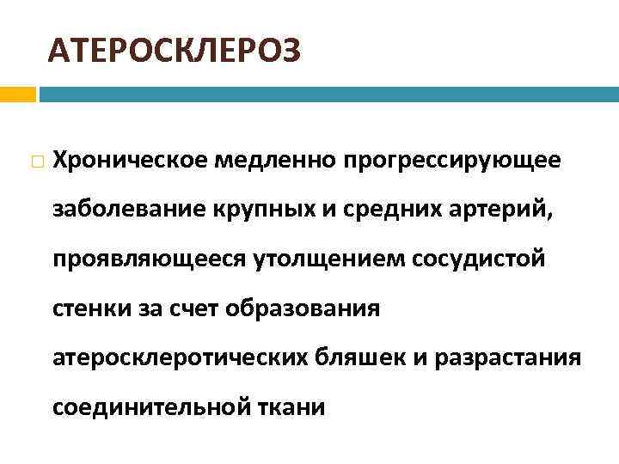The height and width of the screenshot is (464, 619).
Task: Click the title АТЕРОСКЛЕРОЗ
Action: click(175, 51)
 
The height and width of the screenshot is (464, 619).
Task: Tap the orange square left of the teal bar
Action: click(17, 94)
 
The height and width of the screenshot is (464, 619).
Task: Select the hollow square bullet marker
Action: click(34, 161)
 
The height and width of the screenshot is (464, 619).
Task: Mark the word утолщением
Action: click(317, 259)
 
